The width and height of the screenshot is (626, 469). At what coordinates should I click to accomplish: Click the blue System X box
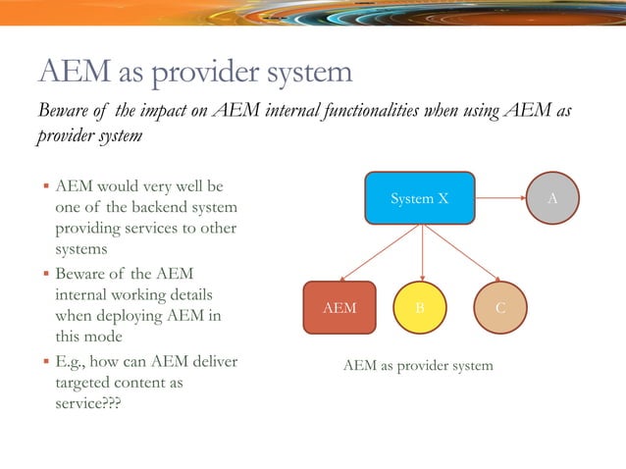pyautogui.click(x=420, y=199)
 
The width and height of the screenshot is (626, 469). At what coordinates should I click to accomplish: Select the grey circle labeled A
pyautogui.click(x=553, y=198)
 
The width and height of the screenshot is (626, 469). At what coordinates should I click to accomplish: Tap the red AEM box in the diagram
pyautogui.click(x=339, y=307)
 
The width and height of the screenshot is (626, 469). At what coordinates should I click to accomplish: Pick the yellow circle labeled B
pyautogui.click(x=421, y=307)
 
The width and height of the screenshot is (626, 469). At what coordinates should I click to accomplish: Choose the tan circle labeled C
pyautogui.click(x=500, y=307)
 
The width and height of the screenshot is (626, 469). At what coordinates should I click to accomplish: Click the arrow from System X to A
pyautogui.click(x=500, y=198)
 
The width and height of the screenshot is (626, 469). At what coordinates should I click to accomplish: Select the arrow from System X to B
pyautogui.click(x=421, y=253)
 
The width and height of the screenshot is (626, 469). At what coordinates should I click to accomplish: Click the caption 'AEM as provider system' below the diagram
pyautogui.click(x=418, y=366)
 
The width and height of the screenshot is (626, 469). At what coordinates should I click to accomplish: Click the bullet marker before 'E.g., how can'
pyautogui.click(x=45, y=362)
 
